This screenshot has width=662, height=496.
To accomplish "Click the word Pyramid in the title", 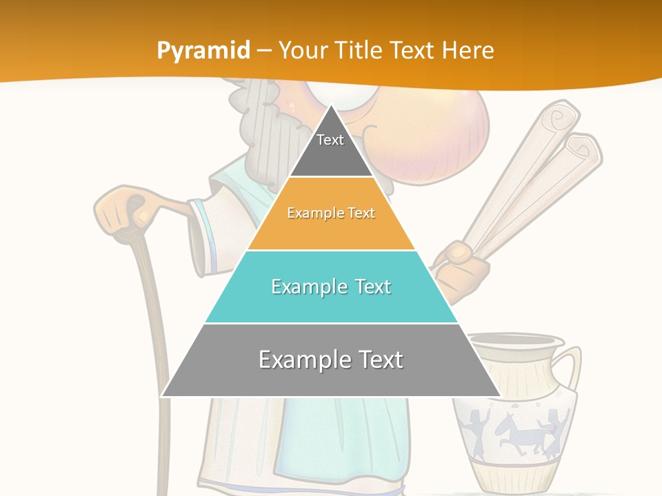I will tap(203, 51).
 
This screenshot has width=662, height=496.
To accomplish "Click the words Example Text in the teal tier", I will tap(331, 287).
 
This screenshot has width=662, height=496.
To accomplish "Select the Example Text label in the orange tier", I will tap(331, 213).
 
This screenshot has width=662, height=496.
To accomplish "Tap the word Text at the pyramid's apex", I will tap(330, 140).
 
